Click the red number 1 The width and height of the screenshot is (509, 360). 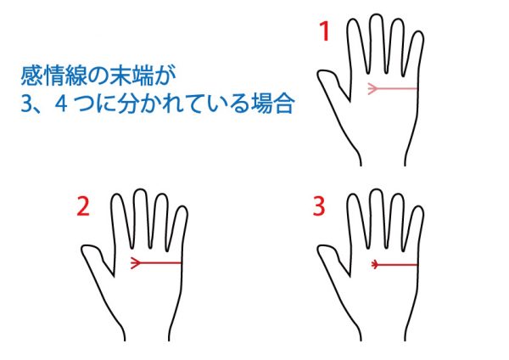coord(325,31)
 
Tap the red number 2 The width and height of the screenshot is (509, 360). coord(83,206)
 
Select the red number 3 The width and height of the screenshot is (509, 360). coord(319,206)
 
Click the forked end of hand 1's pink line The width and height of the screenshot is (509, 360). coord(372,88)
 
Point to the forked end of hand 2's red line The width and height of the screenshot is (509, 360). coord(135,262)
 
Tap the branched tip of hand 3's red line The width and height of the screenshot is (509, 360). coord(375,265)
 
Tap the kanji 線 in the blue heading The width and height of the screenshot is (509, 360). coord(76,76)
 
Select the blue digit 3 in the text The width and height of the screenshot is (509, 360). coord(25,104)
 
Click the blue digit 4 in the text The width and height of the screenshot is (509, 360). coord(61,104)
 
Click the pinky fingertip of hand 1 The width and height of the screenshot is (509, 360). coord(419,32)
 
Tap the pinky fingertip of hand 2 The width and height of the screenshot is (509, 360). coord(182,206)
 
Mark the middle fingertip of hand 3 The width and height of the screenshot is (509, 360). coord(376,190)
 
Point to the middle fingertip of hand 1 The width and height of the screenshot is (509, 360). coord(376,15)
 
